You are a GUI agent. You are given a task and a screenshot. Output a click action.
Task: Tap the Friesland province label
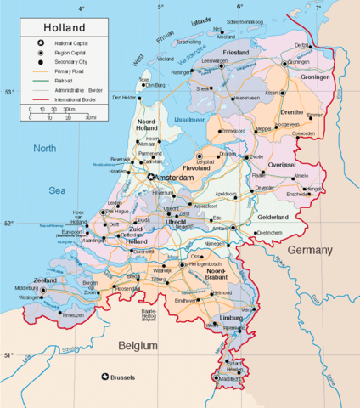pyautogui.click(x=236, y=53)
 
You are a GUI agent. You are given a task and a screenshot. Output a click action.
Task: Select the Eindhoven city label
pyautogui.click(x=188, y=300)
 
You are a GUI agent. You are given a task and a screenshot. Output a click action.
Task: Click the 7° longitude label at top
pyautogui.click(x=318, y=7)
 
